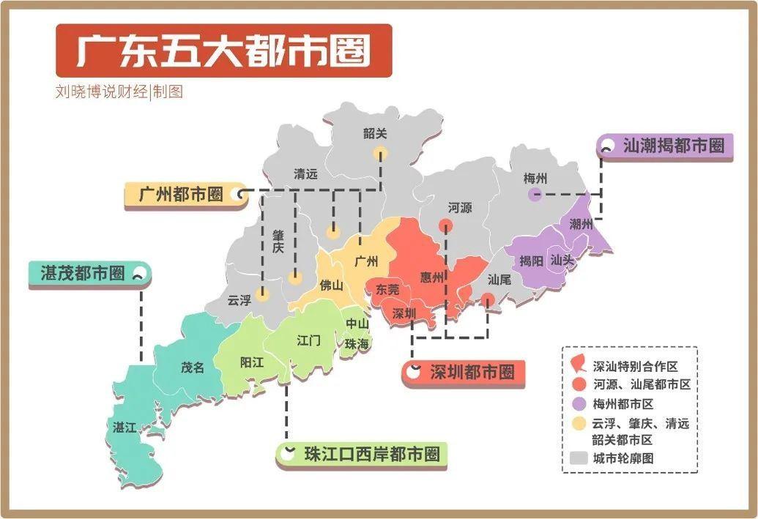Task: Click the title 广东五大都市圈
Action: pyautogui.click(x=223, y=51)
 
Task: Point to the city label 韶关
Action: pyautogui.click(x=374, y=134)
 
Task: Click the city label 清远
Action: pyautogui.click(x=305, y=174)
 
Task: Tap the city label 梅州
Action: pyautogui.click(x=535, y=178)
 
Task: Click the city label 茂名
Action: pyautogui.click(x=193, y=367)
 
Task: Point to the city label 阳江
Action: pyautogui.click(x=252, y=362)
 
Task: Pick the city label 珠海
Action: pyautogui.click(x=357, y=343)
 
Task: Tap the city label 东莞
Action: pyautogui.click(x=387, y=289)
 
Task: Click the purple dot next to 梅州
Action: pyautogui.click(x=535, y=195)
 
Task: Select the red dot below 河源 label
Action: pyautogui.click(x=445, y=225)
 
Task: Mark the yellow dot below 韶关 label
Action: pyautogui.click(x=379, y=153)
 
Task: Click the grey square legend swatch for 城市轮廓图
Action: pyautogui.click(x=578, y=458)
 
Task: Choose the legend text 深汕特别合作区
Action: pyautogui.click(x=636, y=365)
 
